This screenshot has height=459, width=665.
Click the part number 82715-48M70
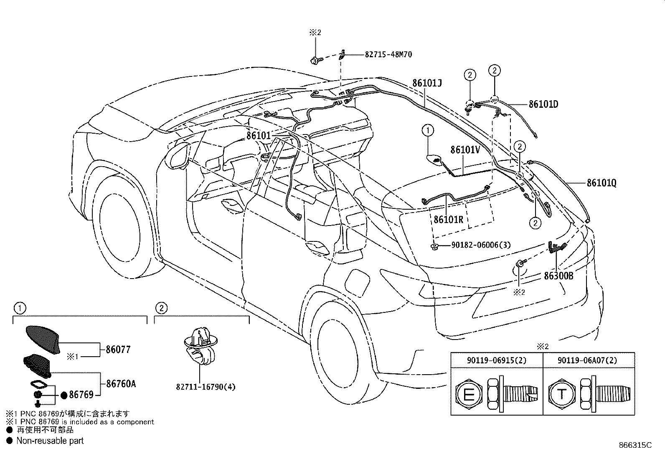pos(388,54)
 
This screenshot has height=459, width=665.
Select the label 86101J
pos(427,83)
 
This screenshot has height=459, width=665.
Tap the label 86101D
pos(543,104)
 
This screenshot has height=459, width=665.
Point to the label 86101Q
pos(601,183)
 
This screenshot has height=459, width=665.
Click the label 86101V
pos(465,150)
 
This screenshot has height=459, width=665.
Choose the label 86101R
pos(448,219)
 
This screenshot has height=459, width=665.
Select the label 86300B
pos(558,276)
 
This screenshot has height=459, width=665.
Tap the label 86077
pos(118,350)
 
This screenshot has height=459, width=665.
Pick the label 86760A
pos(121,383)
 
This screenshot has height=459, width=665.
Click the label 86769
pos(81,394)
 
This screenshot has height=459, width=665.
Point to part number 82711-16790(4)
pos(206,387)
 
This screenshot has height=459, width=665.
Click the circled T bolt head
pos(561,394)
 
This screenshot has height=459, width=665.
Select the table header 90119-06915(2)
pos(497,360)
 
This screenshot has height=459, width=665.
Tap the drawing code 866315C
pos(635,445)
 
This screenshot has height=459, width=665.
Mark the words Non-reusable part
pos(50,440)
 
